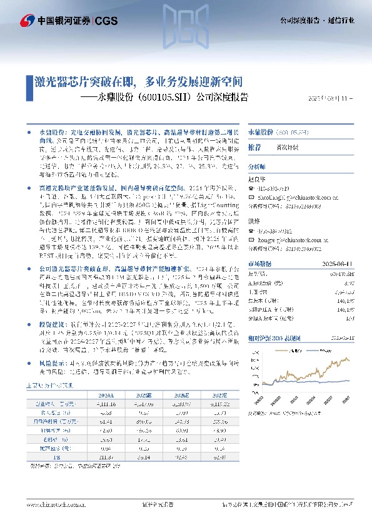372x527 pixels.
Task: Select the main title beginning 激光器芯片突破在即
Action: (x=138, y=82)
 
